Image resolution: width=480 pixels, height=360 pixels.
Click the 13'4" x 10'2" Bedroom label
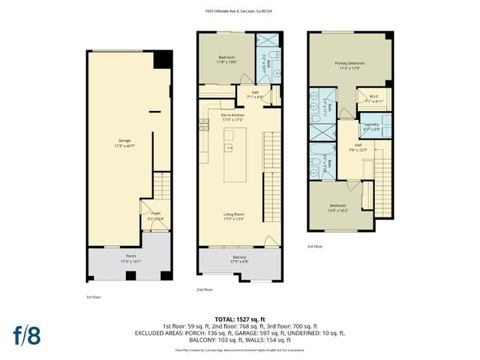click(339, 206)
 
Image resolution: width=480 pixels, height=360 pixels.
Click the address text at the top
click(239, 11)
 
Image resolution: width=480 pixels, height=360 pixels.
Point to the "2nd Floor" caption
click(204, 289)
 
